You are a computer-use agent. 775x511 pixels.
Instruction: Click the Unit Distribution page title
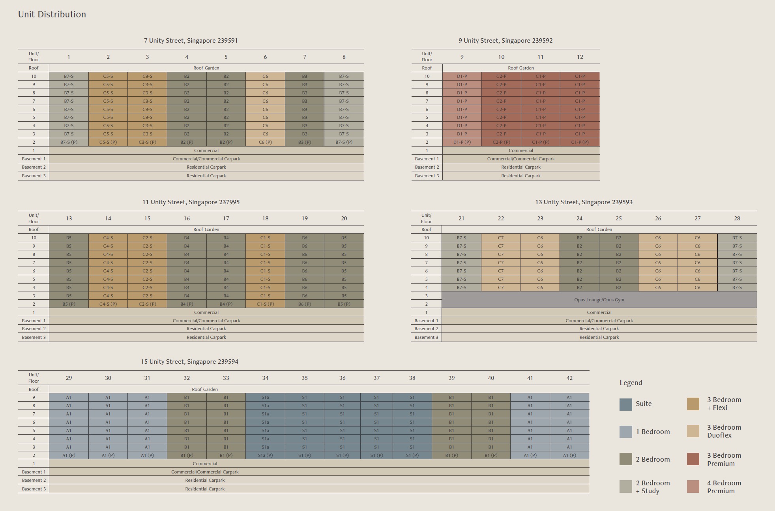(52, 15)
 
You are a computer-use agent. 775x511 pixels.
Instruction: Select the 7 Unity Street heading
(191, 41)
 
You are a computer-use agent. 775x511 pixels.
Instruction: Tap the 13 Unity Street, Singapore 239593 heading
(584, 202)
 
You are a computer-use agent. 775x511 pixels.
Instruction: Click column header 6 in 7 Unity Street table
(265, 57)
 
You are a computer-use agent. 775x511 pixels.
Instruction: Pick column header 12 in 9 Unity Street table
(580, 57)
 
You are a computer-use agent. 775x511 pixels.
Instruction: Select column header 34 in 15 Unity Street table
(265, 378)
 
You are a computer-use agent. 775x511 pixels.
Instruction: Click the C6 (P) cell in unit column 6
(265, 142)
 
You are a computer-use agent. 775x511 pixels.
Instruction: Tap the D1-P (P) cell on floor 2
(462, 142)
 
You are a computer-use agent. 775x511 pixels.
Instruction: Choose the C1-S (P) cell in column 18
(265, 304)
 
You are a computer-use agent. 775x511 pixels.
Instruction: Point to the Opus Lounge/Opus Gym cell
(599, 300)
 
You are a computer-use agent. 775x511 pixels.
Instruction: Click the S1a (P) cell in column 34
(265, 455)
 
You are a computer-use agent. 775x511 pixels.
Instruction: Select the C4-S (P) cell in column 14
(108, 304)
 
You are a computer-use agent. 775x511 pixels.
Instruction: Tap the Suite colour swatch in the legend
(625, 404)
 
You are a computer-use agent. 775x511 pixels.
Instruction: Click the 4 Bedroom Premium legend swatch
(693, 487)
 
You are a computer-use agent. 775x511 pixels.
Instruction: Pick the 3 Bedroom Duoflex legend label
(724, 431)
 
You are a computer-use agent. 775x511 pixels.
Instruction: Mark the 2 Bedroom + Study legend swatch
(625, 487)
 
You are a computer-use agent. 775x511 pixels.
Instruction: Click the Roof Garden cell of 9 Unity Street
(520, 68)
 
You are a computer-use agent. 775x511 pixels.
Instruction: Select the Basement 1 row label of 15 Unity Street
(34, 472)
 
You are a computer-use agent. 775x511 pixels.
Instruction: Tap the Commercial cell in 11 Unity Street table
(206, 312)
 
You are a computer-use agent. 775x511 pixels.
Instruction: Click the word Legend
(631, 383)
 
